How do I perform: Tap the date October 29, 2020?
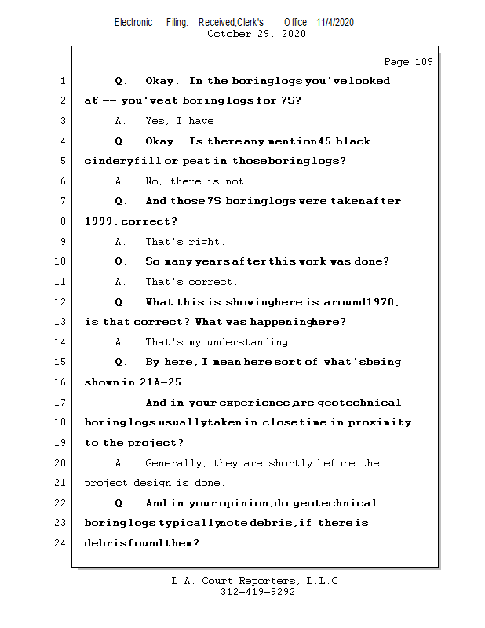pos(256,34)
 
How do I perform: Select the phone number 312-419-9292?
pos(257,592)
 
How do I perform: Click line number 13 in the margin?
pos(61,322)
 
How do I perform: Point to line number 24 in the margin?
pos(61,542)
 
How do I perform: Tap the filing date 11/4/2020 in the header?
pos(335,22)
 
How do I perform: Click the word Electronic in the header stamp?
pos(133,22)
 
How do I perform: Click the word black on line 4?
pos(352,141)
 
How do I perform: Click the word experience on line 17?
pos(255,403)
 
